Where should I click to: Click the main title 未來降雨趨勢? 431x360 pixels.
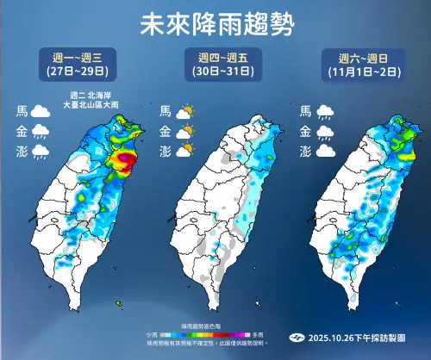point(215,25)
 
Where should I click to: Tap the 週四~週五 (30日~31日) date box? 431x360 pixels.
point(215,63)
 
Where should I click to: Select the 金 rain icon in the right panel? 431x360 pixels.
point(324,131)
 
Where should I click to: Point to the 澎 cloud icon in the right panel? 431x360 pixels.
point(324,151)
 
